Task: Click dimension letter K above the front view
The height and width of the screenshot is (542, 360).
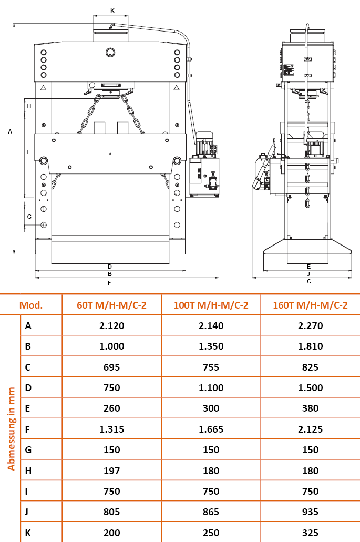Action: pyautogui.click(x=112, y=11)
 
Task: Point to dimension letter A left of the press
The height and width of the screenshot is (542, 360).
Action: pyautogui.click(x=10, y=131)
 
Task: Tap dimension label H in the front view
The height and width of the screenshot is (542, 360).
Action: pyautogui.click(x=29, y=106)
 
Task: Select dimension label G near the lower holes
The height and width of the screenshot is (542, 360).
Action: pyautogui.click(x=29, y=217)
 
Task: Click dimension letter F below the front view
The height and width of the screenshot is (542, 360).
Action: pyautogui.click(x=109, y=283)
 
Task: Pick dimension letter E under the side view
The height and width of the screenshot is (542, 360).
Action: pyautogui.click(x=308, y=267)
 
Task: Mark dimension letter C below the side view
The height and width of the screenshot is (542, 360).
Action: pyautogui.click(x=309, y=281)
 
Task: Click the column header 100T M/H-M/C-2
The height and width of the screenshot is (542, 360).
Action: pyautogui.click(x=211, y=305)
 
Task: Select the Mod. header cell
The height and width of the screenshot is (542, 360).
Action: pyautogui.click(x=31, y=305)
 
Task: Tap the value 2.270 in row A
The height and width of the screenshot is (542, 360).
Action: pyautogui.click(x=310, y=325)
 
